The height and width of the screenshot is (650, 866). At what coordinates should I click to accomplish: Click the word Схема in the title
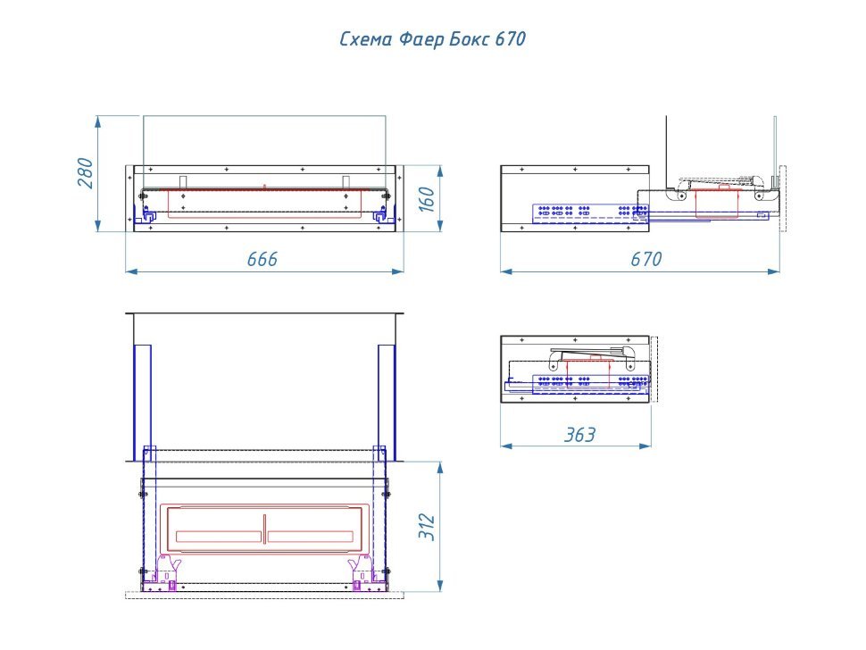[362, 40]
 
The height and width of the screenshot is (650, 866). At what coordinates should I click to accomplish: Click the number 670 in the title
[509, 40]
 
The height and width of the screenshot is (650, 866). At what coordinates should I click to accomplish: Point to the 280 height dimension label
[86, 172]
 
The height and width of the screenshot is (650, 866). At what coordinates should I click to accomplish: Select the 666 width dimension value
[262, 259]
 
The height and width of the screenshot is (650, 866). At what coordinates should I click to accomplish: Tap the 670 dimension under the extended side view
[646, 259]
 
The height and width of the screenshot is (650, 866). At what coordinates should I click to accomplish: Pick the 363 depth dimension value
[579, 435]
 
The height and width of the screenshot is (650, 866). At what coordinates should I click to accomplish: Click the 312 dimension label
[428, 527]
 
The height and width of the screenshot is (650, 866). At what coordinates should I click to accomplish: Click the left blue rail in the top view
[142, 402]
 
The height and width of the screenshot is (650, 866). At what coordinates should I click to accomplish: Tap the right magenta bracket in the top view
[363, 565]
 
